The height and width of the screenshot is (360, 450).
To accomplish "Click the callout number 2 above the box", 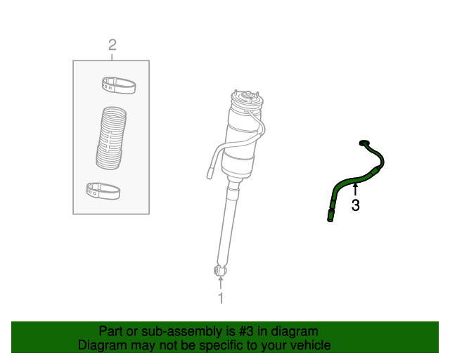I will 112,46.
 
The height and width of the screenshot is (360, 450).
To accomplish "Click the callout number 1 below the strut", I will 220,298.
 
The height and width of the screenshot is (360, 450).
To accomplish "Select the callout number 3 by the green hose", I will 355,205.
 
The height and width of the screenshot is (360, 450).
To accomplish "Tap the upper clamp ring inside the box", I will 119,85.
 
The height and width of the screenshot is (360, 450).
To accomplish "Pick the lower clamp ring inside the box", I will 103,190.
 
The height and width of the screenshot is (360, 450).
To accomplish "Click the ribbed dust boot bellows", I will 111,139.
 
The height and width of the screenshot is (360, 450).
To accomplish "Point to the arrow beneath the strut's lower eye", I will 220,283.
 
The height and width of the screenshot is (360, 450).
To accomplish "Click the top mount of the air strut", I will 247,98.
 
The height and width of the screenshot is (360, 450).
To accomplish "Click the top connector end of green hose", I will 364,143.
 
